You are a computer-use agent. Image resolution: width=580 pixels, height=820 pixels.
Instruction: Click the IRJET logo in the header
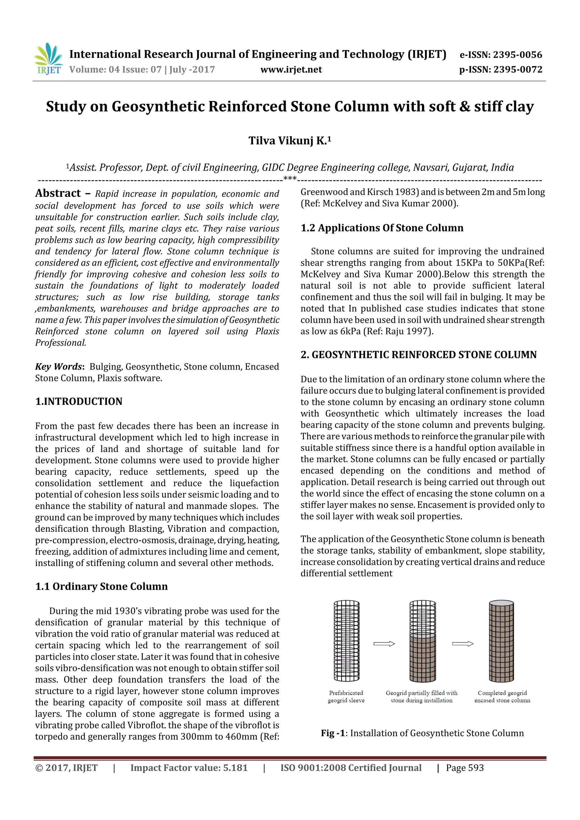(48, 59)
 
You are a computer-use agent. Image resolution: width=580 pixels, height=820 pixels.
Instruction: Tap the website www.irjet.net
(291, 70)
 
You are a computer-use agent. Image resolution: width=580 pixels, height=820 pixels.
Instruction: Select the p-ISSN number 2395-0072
(517, 70)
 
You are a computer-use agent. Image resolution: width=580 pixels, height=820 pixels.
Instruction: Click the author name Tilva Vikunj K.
(289, 141)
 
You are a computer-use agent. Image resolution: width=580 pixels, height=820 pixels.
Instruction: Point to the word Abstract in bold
(58, 193)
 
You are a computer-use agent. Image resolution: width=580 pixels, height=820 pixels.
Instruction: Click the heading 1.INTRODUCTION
(79, 401)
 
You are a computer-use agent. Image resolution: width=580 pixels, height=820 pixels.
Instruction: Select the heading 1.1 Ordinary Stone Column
(101, 586)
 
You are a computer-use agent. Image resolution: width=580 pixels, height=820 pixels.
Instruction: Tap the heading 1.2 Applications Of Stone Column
(382, 228)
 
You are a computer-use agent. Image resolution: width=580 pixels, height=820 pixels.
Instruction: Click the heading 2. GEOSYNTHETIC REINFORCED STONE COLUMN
(419, 355)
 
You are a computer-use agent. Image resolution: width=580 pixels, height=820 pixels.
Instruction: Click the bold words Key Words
(59, 367)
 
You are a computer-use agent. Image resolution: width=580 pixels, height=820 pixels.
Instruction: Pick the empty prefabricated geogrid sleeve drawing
(346, 641)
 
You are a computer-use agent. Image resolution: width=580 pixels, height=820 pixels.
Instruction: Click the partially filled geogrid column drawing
(423, 641)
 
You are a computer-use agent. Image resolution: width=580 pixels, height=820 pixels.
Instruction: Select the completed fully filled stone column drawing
(501, 641)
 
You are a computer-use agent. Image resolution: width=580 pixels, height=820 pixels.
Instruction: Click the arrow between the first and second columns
(384, 644)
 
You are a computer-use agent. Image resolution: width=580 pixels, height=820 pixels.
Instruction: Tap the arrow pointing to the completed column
(462, 644)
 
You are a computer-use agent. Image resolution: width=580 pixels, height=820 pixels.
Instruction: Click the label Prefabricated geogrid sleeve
(346, 696)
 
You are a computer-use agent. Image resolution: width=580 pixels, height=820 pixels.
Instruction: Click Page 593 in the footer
(464, 768)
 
